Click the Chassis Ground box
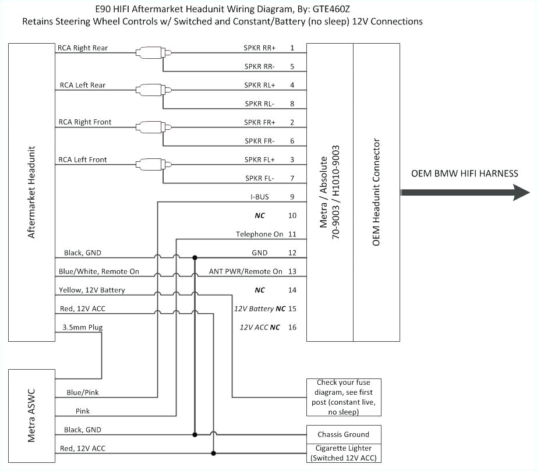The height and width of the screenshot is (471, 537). click(343, 434)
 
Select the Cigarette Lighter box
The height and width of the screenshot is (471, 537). click(343, 452)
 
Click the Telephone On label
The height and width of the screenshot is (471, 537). click(259, 234)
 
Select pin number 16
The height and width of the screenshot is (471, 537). click(292, 327)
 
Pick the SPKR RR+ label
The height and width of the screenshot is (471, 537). click(260, 48)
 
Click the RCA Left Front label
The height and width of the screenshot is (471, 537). click(83, 160)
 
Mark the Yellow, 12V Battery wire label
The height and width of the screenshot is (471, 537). click(91, 290)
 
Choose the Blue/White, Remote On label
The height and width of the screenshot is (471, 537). click(99, 271)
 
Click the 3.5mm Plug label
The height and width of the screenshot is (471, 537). click(82, 327)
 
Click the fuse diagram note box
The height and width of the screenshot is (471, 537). click(344, 397)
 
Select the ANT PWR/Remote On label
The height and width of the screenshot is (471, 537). click(245, 271)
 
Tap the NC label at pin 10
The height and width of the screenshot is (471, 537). click(260, 215)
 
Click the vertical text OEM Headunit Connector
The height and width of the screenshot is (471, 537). click(376, 192)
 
